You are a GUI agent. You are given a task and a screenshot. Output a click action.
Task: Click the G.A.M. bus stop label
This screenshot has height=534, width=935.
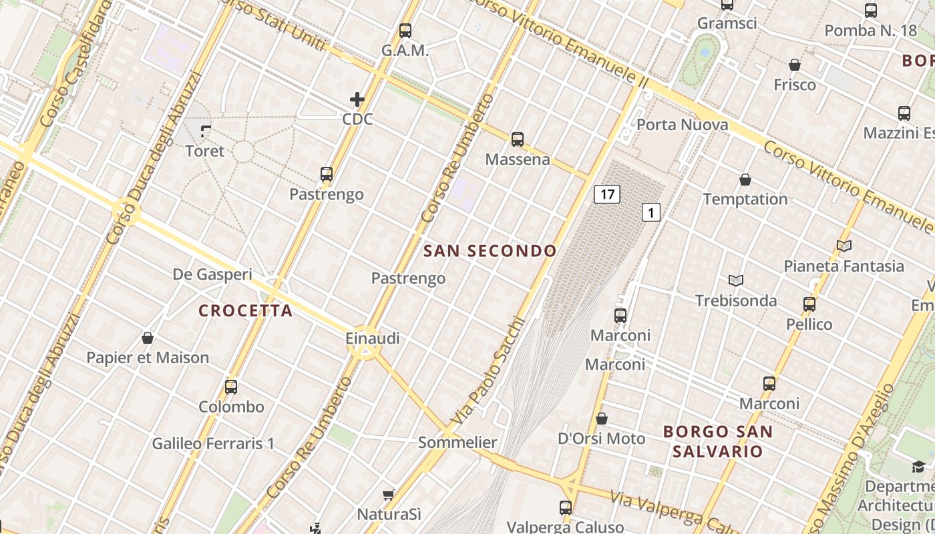pyautogui.click(x=405, y=51)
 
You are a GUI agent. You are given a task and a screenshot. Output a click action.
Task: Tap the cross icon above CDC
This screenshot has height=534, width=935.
pyautogui.click(x=357, y=100)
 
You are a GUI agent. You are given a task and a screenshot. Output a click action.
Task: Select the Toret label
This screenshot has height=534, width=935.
pyautogui.click(x=205, y=151)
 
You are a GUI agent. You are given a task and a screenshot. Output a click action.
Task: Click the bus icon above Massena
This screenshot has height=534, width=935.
pyautogui.click(x=518, y=140)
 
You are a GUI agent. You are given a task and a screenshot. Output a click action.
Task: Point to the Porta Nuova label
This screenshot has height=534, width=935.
pyautogui.click(x=682, y=125)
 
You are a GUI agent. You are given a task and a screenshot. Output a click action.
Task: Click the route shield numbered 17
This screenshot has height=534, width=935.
pyautogui.click(x=606, y=194)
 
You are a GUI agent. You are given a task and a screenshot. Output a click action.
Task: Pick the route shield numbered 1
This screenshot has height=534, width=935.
pyautogui.click(x=651, y=212)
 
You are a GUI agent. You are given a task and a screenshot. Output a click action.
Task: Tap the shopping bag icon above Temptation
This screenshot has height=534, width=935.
pyautogui.click(x=745, y=180)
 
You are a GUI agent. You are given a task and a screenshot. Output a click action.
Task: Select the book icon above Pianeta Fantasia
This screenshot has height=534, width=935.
pyautogui.click(x=844, y=246)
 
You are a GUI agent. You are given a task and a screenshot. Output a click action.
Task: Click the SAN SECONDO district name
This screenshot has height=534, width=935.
pyautogui.click(x=490, y=251)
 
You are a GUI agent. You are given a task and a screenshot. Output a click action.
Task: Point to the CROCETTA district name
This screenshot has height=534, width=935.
pyautogui.click(x=246, y=310)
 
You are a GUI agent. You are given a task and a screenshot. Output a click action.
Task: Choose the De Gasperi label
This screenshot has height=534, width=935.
pyautogui.click(x=212, y=274)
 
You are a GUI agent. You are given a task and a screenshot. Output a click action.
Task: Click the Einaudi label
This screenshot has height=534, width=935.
pyautogui.click(x=373, y=338)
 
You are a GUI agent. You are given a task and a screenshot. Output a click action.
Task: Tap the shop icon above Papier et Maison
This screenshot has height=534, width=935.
pyautogui.click(x=148, y=338)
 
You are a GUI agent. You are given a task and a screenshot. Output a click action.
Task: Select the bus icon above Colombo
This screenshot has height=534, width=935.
pyautogui.click(x=231, y=386)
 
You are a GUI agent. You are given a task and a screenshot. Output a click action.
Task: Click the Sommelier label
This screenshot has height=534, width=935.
pyautogui.click(x=457, y=442)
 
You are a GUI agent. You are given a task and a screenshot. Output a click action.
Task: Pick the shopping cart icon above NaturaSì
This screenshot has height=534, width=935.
pyautogui.click(x=388, y=495)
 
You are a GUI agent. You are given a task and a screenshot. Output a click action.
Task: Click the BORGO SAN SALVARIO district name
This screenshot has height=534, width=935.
pyautogui.click(x=718, y=441)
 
